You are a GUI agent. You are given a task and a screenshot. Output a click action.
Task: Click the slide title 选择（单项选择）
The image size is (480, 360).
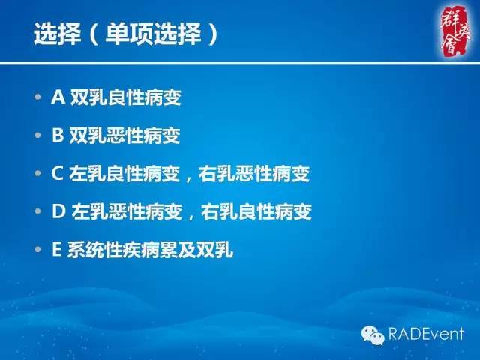[x=127, y=35]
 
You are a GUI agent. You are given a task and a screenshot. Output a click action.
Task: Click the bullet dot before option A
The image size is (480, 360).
[x=39, y=98]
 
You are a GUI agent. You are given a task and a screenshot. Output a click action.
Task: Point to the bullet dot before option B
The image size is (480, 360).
[x=39, y=136]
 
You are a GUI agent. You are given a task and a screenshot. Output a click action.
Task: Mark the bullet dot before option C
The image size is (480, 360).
[x=39, y=175]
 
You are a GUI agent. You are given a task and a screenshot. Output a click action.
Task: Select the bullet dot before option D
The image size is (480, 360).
[x=39, y=213]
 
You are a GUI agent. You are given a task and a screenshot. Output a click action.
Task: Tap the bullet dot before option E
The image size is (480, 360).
[x=39, y=251]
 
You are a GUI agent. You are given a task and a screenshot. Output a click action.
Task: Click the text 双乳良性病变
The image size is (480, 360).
[x=126, y=97]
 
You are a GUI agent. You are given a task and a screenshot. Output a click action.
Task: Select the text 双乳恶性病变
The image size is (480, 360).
[x=126, y=136]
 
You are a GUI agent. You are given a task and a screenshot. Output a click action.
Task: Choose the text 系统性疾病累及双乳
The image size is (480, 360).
[x=151, y=250]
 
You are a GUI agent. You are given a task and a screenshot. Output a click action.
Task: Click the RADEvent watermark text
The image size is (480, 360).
[x=427, y=333]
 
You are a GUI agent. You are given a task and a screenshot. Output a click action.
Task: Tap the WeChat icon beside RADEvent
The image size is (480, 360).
[x=373, y=333]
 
